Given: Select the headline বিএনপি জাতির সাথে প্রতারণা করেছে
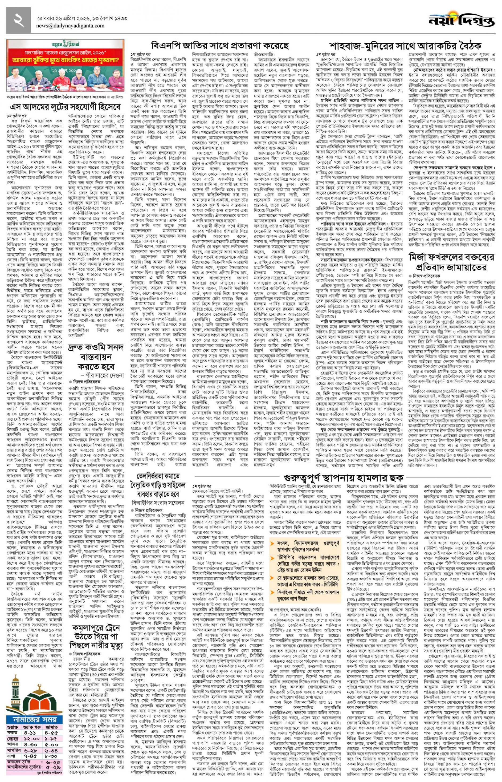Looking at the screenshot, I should (220, 45).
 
